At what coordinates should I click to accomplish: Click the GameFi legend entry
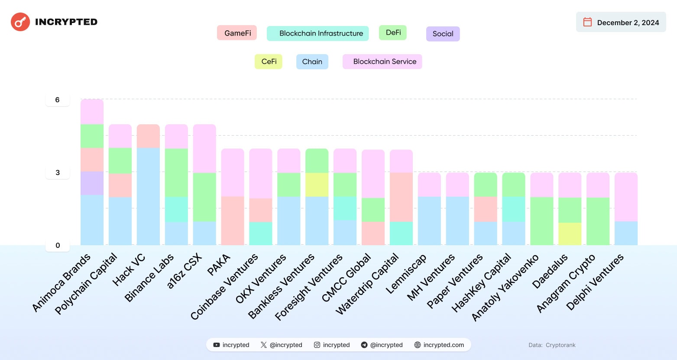(x=237, y=33)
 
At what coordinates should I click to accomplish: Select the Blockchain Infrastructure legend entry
(x=317, y=33)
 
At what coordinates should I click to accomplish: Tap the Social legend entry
(x=443, y=34)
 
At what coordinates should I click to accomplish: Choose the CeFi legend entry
(x=269, y=62)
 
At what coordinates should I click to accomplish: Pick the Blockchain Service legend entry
(x=382, y=62)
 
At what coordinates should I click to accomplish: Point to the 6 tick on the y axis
(x=57, y=100)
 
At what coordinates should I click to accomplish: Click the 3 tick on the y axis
(x=58, y=173)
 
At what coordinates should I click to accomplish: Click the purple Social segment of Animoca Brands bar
(x=92, y=183)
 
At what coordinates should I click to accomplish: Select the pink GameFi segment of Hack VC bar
(x=148, y=136)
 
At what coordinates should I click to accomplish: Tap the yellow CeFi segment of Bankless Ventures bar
(x=317, y=185)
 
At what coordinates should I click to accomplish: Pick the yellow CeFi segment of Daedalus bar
(x=570, y=234)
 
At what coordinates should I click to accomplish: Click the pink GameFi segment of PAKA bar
(x=232, y=221)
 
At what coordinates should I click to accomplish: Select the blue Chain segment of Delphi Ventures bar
(x=626, y=233)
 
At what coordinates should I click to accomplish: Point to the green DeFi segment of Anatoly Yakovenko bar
(x=541, y=221)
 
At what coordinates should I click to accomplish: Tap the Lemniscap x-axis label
(x=406, y=274)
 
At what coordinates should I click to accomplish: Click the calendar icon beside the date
(x=587, y=22)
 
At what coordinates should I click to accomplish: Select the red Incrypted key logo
(x=20, y=22)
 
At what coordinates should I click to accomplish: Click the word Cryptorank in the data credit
(x=560, y=345)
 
